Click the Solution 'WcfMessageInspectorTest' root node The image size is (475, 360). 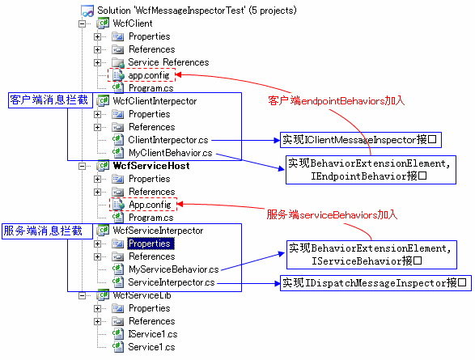click(197, 11)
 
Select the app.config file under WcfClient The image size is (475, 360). click(149, 75)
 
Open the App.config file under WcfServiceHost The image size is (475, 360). click(150, 205)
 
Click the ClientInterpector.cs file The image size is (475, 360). click(168, 140)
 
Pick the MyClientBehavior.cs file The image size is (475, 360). click(170, 153)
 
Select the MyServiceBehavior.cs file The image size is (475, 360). click(174, 269)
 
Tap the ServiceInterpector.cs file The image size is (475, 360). click(172, 282)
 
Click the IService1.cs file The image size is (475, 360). click(153, 334)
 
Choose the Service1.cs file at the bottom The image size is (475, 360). click(151, 347)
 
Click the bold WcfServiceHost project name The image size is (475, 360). click(151, 166)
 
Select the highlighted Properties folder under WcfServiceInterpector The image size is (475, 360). click(150, 244)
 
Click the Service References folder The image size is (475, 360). click(168, 62)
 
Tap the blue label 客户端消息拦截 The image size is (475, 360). click(50, 100)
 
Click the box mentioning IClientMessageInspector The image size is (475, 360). click(360, 140)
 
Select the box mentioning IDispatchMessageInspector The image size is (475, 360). click(375, 283)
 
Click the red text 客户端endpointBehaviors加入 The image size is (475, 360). click(337, 100)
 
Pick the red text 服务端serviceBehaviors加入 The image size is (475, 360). click(332, 215)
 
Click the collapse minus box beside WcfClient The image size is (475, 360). click(82, 23)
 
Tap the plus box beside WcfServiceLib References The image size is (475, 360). click(97, 321)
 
